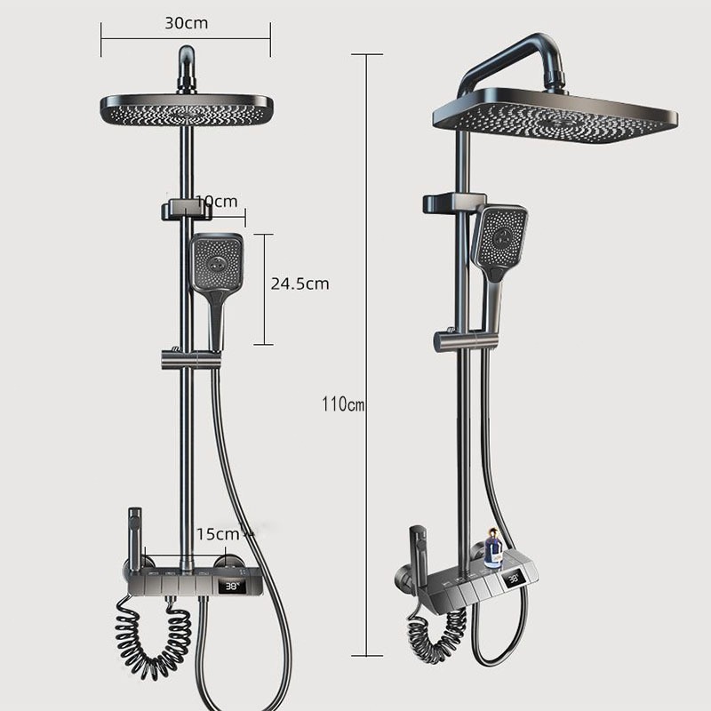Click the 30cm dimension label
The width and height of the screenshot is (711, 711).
[187, 23]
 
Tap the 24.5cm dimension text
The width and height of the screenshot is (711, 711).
[300, 284]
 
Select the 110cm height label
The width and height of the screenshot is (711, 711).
[343, 404]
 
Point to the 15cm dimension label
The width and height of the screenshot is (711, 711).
[218, 534]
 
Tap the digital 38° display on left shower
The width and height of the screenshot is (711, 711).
[232, 587]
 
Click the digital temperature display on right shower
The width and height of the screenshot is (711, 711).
[514, 579]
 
